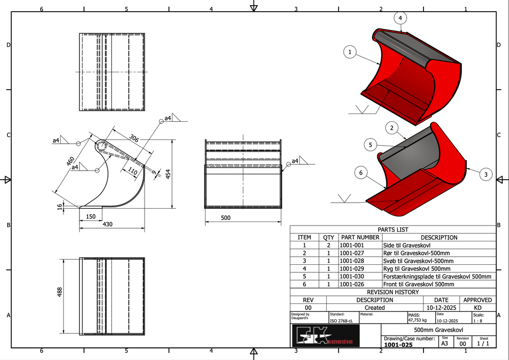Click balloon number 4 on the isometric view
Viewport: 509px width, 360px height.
[400, 18]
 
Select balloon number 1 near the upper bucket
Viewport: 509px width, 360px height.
[350, 51]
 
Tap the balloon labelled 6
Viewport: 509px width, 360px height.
[361, 173]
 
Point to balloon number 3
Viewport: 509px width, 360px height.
[486, 175]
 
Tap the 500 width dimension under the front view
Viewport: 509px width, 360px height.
[226, 218]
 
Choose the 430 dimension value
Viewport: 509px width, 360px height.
[108, 224]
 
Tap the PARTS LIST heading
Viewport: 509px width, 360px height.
[392, 230]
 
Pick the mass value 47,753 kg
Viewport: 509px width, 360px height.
[418, 321]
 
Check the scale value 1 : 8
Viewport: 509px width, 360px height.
[479, 321]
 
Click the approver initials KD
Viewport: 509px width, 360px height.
[477, 308]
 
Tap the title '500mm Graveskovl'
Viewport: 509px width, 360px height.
[438, 330]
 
